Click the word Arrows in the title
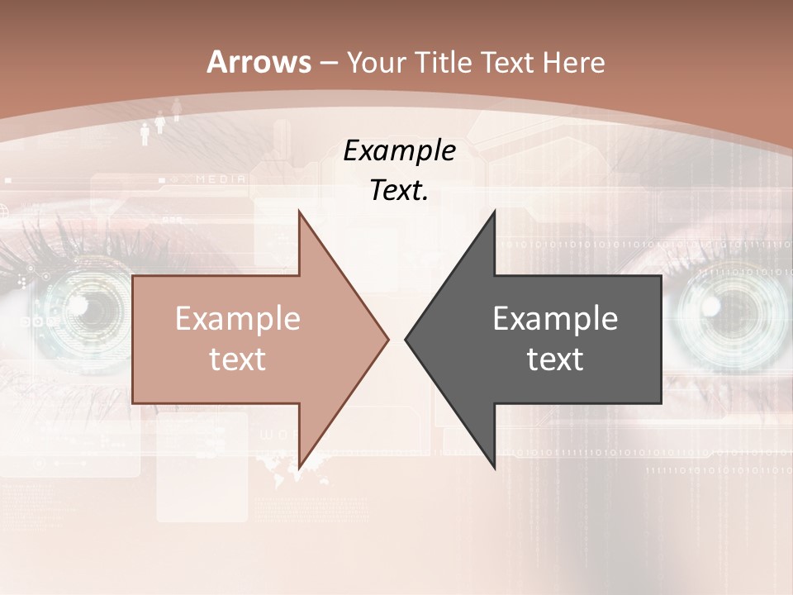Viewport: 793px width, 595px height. click(x=259, y=62)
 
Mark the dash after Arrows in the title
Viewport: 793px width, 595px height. click(x=329, y=63)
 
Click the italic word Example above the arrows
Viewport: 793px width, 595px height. click(x=400, y=150)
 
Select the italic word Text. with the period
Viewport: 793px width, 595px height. click(x=399, y=190)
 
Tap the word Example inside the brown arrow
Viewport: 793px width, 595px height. click(x=238, y=318)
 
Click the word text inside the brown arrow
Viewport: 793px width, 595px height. click(x=237, y=359)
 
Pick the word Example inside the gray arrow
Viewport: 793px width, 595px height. click(x=555, y=318)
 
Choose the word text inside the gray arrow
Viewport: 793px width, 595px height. click(x=555, y=359)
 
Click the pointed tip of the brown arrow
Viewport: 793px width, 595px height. click(x=388, y=338)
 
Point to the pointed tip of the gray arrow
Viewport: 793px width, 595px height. click(x=406, y=338)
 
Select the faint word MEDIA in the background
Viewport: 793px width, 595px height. click(x=221, y=178)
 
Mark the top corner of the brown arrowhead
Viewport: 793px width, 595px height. click(x=299, y=211)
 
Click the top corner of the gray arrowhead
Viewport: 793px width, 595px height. click(x=494, y=211)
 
